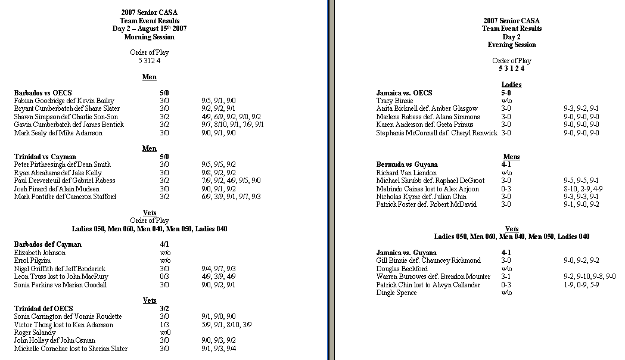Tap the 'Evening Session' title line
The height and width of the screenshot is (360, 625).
(512, 45)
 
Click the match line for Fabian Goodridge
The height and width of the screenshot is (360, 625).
(64, 101)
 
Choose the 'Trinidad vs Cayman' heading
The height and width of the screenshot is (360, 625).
(45, 157)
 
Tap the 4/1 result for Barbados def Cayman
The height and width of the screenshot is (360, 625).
(164, 244)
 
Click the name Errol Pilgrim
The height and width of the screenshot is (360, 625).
(33, 260)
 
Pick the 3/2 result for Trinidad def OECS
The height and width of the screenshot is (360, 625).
(164, 309)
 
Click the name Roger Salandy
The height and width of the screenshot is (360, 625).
(36, 333)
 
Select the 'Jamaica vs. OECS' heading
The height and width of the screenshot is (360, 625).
(404, 93)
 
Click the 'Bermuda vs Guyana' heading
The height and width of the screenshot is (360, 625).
(407, 165)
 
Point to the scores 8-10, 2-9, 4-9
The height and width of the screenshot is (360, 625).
(583, 189)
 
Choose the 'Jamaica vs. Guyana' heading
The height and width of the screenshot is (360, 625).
(407, 253)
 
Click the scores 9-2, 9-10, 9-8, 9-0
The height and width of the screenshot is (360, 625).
(590, 277)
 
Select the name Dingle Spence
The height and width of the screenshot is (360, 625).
(396, 293)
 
